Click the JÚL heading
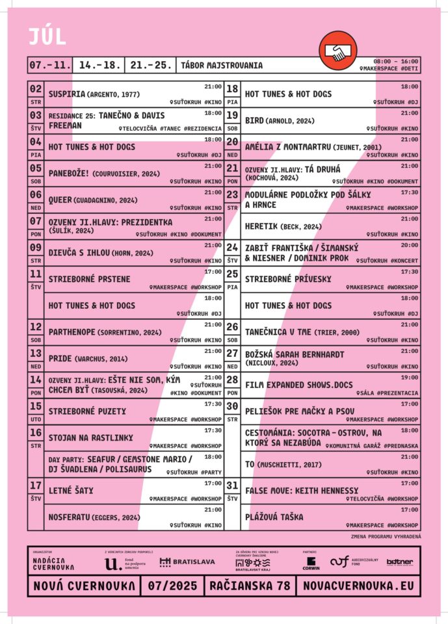[x=47, y=37]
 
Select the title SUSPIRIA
[x=67, y=94]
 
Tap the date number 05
[x=36, y=168]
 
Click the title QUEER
[x=60, y=200]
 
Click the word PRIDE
[x=60, y=358]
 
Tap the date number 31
[x=232, y=486]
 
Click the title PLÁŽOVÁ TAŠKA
[x=274, y=517]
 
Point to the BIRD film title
[x=254, y=120]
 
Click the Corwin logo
[x=311, y=563]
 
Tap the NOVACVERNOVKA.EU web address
[x=358, y=586]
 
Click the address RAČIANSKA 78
[x=250, y=586]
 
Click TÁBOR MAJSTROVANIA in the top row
[x=222, y=65]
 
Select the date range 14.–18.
[x=98, y=65]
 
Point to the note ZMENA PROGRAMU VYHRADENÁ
[x=386, y=536]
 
